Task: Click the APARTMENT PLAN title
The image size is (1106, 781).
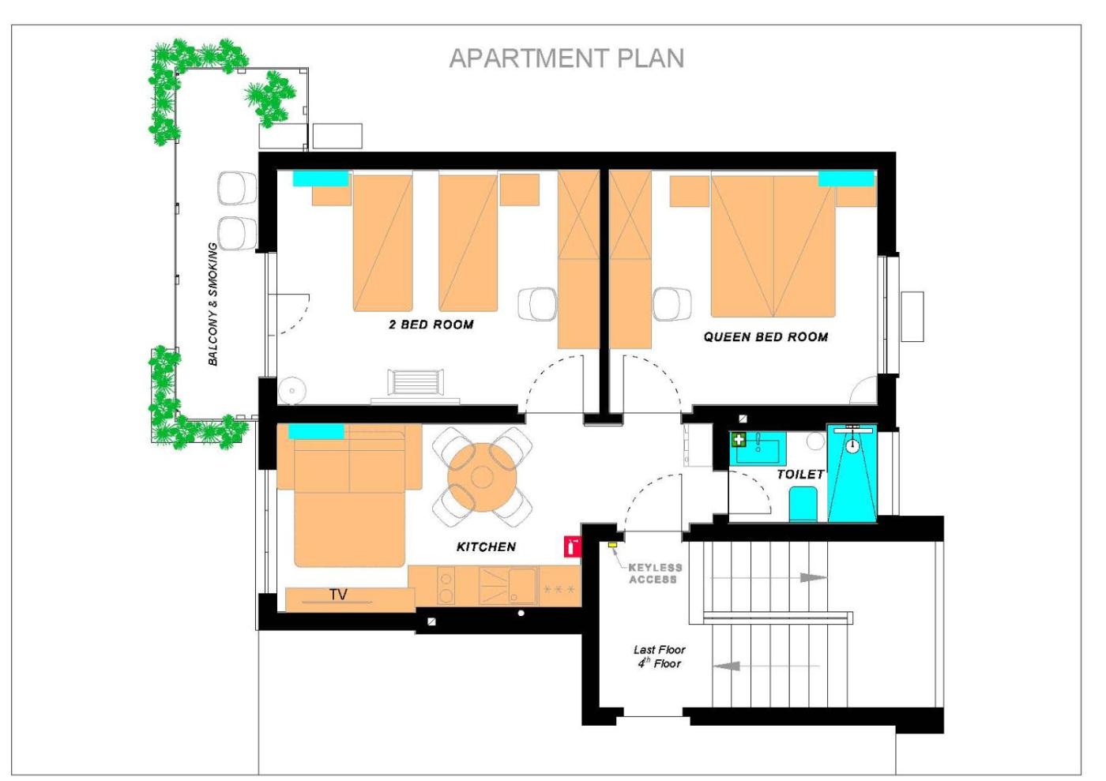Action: click(566, 58)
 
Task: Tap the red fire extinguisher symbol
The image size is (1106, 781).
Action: click(572, 547)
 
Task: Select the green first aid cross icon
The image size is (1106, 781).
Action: click(739, 440)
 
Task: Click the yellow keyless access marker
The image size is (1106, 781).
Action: click(612, 545)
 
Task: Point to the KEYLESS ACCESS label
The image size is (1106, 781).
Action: click(655, 573)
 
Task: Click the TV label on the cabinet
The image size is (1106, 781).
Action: click(338, 595)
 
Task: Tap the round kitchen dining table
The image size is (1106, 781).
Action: click(482, 477)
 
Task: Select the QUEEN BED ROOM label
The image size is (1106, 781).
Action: click(766, 337)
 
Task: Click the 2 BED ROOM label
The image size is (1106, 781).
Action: click(431, 325)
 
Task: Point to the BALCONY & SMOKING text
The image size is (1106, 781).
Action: click(213, 304)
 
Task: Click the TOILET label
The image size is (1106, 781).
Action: click(800, 475)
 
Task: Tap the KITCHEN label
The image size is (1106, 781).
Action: click(486, 547)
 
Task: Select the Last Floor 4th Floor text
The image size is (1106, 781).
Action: click(659, 656)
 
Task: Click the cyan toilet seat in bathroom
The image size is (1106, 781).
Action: click(803, 504)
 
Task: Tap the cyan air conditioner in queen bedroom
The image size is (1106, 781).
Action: click(846, 178)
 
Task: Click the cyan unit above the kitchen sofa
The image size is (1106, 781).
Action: click(316, 431)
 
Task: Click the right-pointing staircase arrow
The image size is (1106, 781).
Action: click(768, 577)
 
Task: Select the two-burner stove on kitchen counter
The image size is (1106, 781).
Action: click(446, 585)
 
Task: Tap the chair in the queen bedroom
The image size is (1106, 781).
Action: click(672, 305)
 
